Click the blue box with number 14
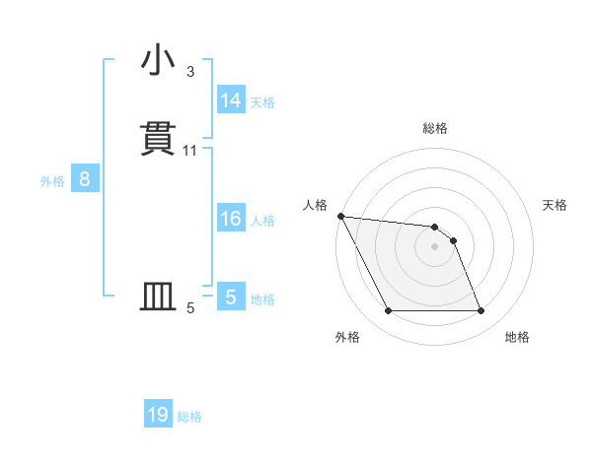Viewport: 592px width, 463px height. pos(231,100)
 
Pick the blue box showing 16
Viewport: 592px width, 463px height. pos(231,219)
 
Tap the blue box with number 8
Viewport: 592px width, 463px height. pos(85,179)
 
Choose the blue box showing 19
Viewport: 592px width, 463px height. pos(158,415)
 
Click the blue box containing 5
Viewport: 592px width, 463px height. pos(231,297)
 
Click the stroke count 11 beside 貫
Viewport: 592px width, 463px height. pos(190,151)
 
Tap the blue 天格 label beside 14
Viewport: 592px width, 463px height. pos(262,102)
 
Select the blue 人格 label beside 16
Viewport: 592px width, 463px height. pos(262,221)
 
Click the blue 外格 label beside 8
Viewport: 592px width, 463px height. pos(52,181)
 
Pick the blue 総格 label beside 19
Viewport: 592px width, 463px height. pos(189,417)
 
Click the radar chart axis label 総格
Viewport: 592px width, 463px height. pos(435,128)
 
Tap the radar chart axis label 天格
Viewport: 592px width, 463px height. pos(555,205)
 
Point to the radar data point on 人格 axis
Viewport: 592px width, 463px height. pos(340,216)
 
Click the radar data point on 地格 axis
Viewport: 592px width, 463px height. pos(481,311)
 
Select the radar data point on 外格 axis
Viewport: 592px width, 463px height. pos(389,311)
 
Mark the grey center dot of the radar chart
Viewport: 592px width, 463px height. pos(435,246)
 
